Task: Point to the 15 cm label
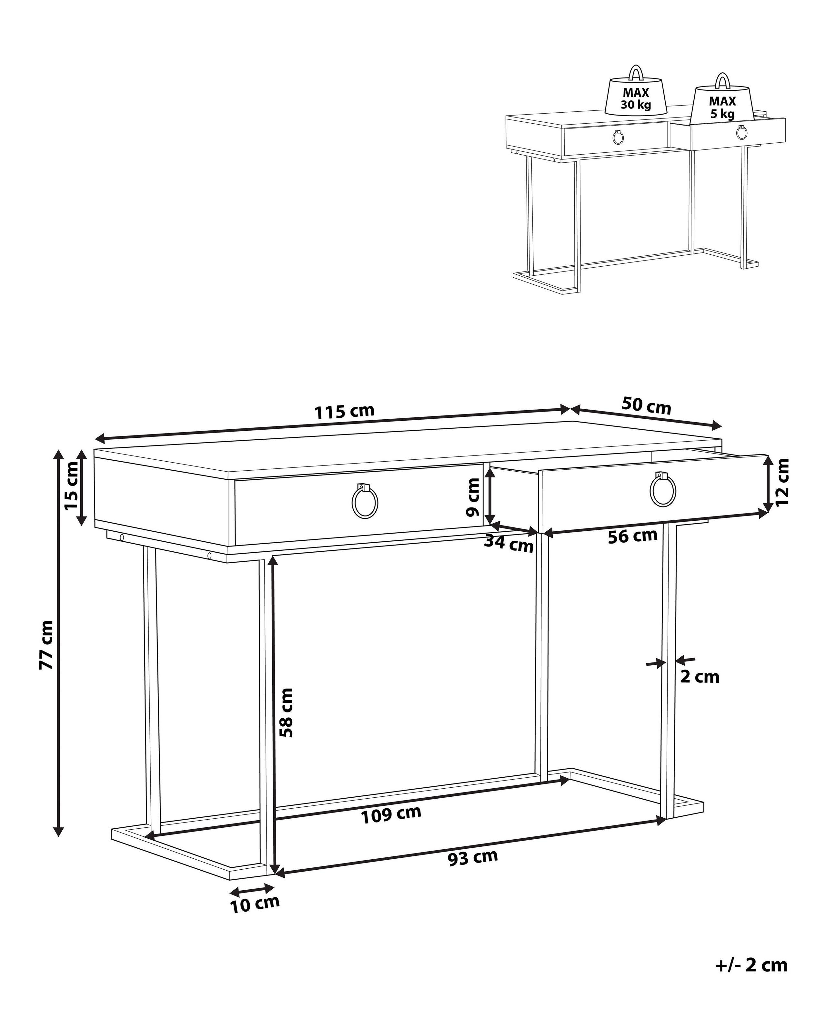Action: pyautogui.click(x=71, y=486)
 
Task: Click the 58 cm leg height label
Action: pyautogui.click(x=286, y=712)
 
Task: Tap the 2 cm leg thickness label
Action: pyautogui.click(x=700, y=677)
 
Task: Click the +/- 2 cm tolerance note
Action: pyautogui.click(x=751, y=965)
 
